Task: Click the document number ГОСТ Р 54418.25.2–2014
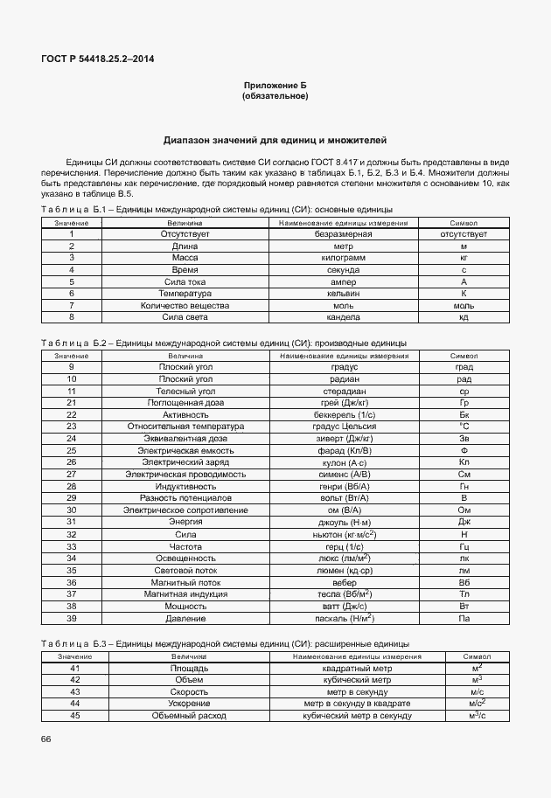tap(93, 59)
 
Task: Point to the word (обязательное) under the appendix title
tap(275, 96)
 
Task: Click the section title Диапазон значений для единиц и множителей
tap(275, 140)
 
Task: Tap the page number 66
tap(45, 739)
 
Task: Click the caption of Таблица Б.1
tap(217, 210)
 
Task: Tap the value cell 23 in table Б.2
tap(72, 427)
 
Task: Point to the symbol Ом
tap(464, 509)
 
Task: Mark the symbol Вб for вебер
tap(464, 582)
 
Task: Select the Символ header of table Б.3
tap(477, 656)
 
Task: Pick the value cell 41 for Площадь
tap(75, 668)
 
